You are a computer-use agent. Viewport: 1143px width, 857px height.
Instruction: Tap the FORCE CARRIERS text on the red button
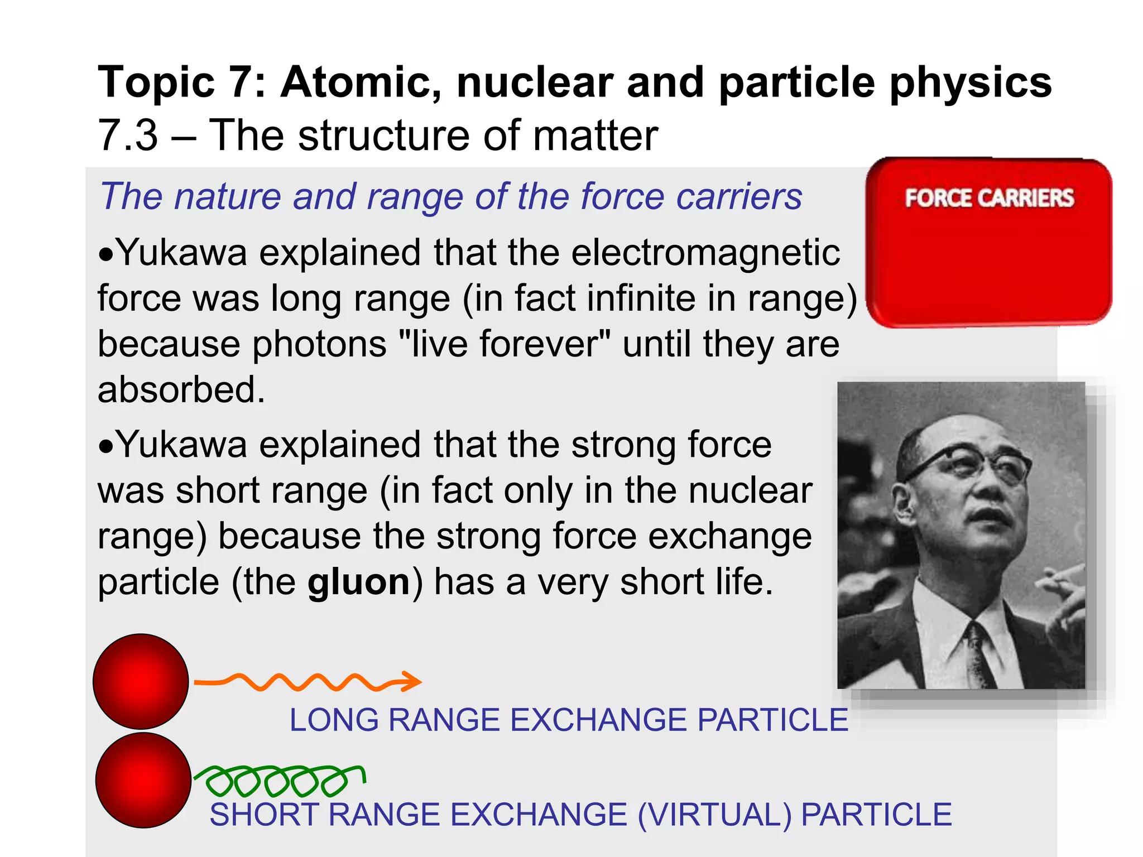click(989, 198)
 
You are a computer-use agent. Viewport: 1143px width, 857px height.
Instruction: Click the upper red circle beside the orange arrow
click(141, 681)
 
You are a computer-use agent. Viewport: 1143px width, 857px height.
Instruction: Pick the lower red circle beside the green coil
click(143, 780)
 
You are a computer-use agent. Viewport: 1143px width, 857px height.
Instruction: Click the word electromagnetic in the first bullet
click(705, 253)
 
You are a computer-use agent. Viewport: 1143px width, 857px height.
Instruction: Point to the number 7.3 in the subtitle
click(128, 136)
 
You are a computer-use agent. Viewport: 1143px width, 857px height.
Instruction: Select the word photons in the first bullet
click(319, 344)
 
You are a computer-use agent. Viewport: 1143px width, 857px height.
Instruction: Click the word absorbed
click(181, 389)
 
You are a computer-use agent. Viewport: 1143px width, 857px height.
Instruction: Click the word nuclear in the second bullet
click(750, 491)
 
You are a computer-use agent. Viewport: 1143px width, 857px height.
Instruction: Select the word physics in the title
click(971, 83)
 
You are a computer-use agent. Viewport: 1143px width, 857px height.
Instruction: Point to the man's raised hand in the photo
click(1063, 597)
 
